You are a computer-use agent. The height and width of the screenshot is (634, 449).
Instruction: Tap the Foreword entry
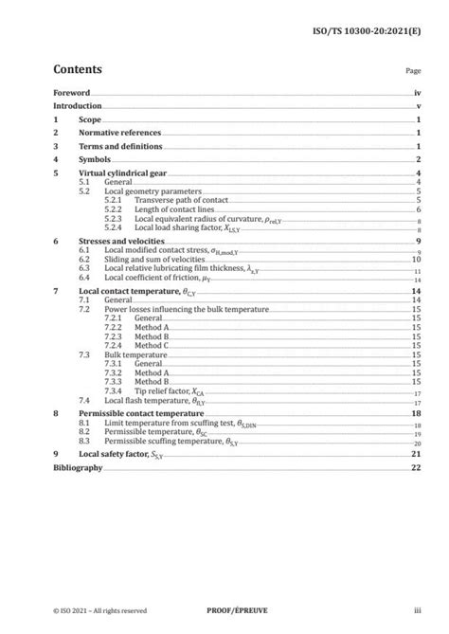click(72, 94)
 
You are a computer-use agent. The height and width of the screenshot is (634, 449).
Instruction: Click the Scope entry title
click(89, 120)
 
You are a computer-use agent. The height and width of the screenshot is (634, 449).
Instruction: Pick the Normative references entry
click(119, 134)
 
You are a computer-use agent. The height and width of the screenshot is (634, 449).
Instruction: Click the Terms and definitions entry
click(120, 147)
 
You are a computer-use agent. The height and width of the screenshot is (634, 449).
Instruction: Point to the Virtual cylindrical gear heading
click(122, 173)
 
